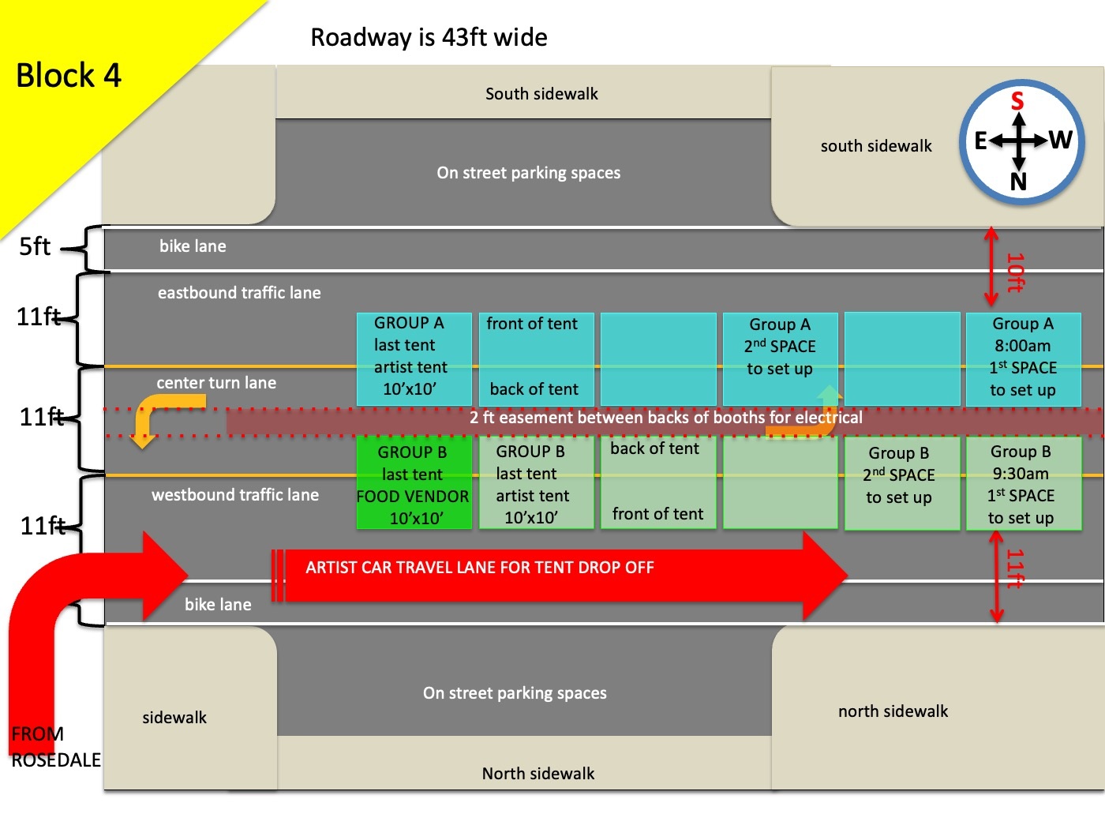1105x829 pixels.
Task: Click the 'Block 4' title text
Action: click(69, 76)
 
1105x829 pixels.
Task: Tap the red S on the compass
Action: click(1017, 101)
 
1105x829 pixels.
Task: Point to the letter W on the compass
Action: click(1060, 140)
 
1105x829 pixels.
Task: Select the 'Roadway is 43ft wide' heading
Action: click(429, 37)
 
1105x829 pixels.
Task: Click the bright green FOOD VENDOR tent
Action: click(414, 483)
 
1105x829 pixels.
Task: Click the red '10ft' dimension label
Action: click(1015, 272)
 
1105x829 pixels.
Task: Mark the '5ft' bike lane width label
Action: click(35, 247)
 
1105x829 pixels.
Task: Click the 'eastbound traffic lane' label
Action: click(239, 293)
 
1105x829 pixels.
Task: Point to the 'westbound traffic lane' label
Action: click(235, 495)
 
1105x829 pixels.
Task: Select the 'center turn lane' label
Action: click(216, 383)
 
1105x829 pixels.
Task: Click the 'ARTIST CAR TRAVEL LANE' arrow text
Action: click(480, 568)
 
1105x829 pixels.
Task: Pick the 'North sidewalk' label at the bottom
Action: click(538, 774)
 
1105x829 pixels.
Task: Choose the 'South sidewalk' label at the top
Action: click(541, 94)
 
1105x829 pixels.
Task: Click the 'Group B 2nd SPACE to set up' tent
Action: click(899, 475)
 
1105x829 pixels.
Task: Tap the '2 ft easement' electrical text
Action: click(665, 418)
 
